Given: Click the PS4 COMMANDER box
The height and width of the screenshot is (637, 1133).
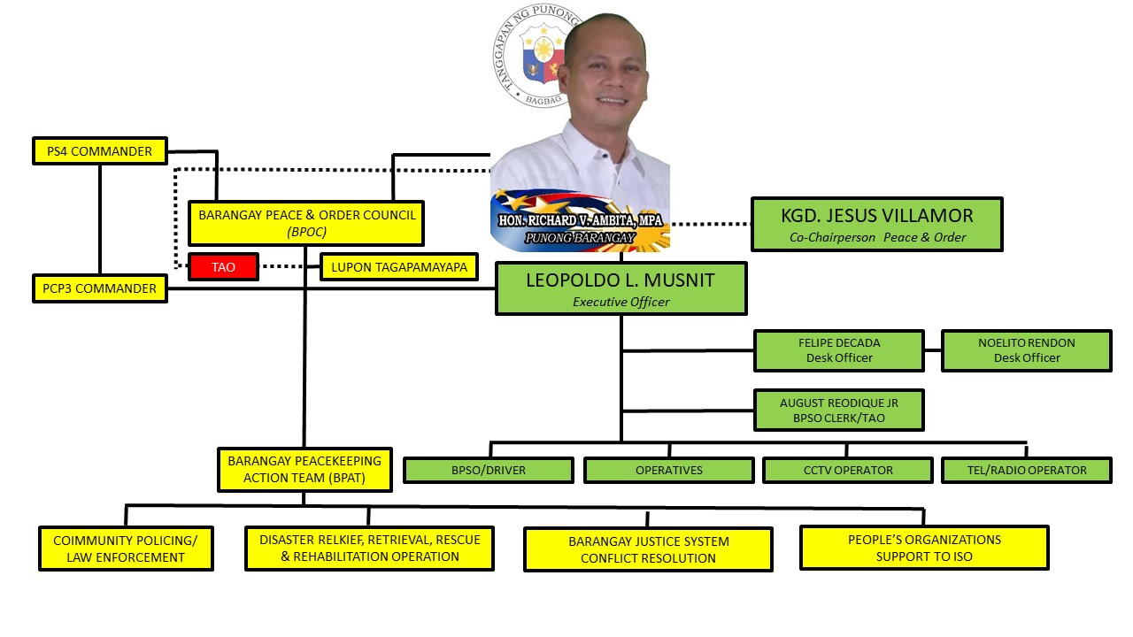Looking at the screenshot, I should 99,151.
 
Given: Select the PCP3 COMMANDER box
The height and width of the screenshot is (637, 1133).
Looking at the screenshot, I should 99,288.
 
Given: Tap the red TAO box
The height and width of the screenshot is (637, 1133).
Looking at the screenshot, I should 224,266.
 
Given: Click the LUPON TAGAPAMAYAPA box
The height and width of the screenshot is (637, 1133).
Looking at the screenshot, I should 398,266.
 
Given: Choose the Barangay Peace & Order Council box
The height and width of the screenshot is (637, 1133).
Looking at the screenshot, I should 306,223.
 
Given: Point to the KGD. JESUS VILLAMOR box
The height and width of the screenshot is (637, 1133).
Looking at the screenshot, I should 876,225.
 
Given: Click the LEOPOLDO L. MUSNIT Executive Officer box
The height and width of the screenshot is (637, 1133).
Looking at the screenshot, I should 620,288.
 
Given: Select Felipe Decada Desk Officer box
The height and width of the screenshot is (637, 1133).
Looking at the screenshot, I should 838,350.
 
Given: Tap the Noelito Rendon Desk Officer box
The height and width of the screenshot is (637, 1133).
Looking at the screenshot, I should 1026,350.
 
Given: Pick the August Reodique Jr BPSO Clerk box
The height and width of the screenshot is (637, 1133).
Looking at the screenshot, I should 838,411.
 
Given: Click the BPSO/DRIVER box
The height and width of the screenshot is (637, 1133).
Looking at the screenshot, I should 488,470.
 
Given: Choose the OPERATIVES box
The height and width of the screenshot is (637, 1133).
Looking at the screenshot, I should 668,470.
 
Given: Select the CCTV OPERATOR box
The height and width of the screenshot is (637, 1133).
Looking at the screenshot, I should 847,470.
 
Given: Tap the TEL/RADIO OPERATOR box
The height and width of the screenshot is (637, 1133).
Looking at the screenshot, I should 1026,470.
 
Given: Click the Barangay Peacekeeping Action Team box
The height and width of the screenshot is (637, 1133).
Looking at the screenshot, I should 304,470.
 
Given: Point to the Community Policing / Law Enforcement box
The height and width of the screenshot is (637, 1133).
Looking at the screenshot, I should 126,549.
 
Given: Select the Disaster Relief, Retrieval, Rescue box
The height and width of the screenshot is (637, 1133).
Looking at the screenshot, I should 369,549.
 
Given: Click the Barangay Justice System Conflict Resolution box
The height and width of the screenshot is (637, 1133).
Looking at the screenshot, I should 648,549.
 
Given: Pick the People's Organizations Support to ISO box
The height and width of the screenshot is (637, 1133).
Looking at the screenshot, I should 924,548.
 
